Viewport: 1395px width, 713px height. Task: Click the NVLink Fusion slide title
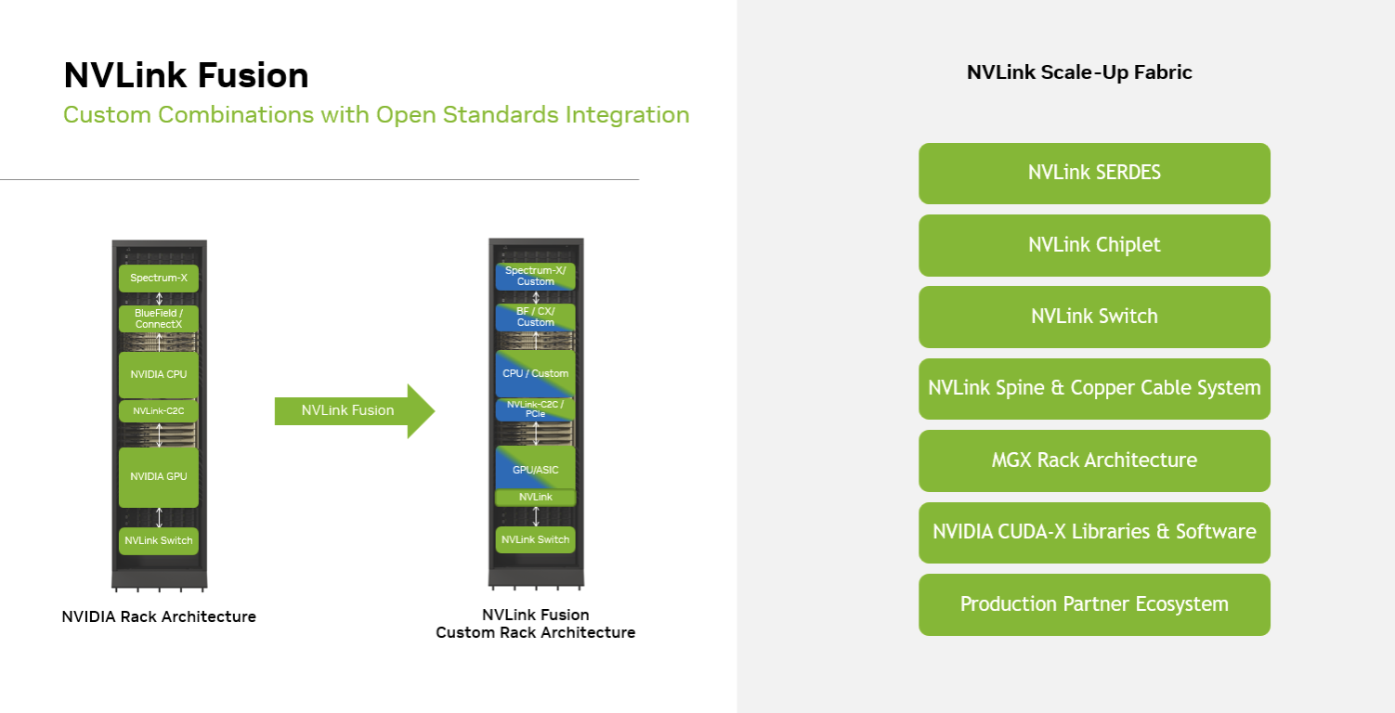(x=186, y=75)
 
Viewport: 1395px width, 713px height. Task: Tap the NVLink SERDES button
(x=1094, y=173)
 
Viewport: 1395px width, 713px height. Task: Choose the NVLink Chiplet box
(x=1094, y=245)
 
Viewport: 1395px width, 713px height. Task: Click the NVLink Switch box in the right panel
(x=1094, y=317)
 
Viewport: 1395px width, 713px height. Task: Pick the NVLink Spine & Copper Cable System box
(x=1094, y=388)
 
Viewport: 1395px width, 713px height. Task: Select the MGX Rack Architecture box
(x=1094, y=460)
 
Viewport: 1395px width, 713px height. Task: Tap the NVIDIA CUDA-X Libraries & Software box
(x=1094, y=532)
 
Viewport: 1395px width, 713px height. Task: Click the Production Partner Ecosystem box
(x=1094, y=604)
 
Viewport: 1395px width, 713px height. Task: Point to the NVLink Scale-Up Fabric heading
(x=1079, y=72)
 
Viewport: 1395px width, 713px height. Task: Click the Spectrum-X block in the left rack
(x=159, y=278)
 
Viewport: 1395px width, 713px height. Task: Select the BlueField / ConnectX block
(x=159, y=318)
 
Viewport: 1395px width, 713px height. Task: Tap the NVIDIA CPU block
(x=159, y=374)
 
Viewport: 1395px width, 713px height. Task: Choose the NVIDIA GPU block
(x=159, y=476)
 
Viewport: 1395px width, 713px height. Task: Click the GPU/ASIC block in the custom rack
(x=536, y=469)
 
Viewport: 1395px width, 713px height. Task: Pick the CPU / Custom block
(x=536, y=373)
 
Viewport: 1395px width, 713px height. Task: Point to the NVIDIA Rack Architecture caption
(x=159, y=616)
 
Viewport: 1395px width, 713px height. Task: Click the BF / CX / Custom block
(x=536, y=317)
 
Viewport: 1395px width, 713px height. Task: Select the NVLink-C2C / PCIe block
(x=536, y=409)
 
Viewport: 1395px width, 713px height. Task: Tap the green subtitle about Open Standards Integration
(x=376, y=115)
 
